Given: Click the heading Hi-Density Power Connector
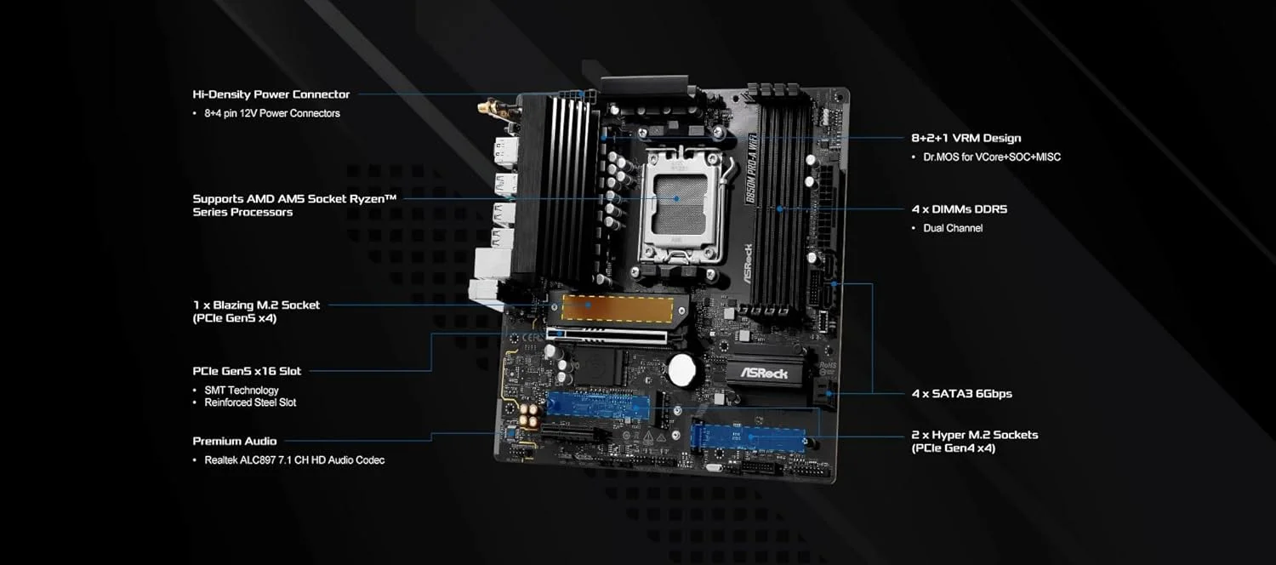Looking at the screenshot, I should pyautogui.click(x=271, y=94).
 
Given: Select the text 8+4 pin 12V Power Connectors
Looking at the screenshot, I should pyautogui.click(x=271, y=113).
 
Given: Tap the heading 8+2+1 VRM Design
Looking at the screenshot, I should pyautogui.click(x=966, y=138).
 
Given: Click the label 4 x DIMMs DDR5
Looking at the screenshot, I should pyautogui.click(x=959, y=208).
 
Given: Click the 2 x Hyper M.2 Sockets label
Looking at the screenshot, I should pyautogui.click(x=974, y=435).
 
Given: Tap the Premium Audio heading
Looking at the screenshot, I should pyautogui.click(x=235, y=441).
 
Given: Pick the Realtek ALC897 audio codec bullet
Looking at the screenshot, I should pyautogui.click(x=294, y=460).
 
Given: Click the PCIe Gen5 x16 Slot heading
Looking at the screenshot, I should pyautogui.click(x=247, y=371).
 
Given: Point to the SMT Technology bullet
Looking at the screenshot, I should pyautogui.click(x=241, y=391).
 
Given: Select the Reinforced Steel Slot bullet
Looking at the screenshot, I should pyautogui.click(x=250, y=402).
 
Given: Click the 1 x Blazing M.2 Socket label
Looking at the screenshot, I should pyautogui.click(x=256, y=305).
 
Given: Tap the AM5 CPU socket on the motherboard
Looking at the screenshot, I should pyautogui.click(x=679, y=204).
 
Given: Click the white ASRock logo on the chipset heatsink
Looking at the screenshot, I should pyautogui.click(x=763, y=373).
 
